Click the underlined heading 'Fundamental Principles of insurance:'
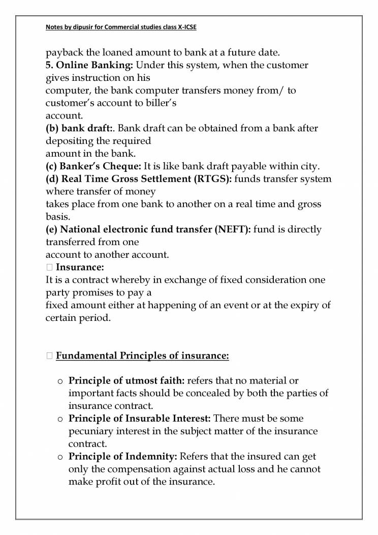pos(142,355)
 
